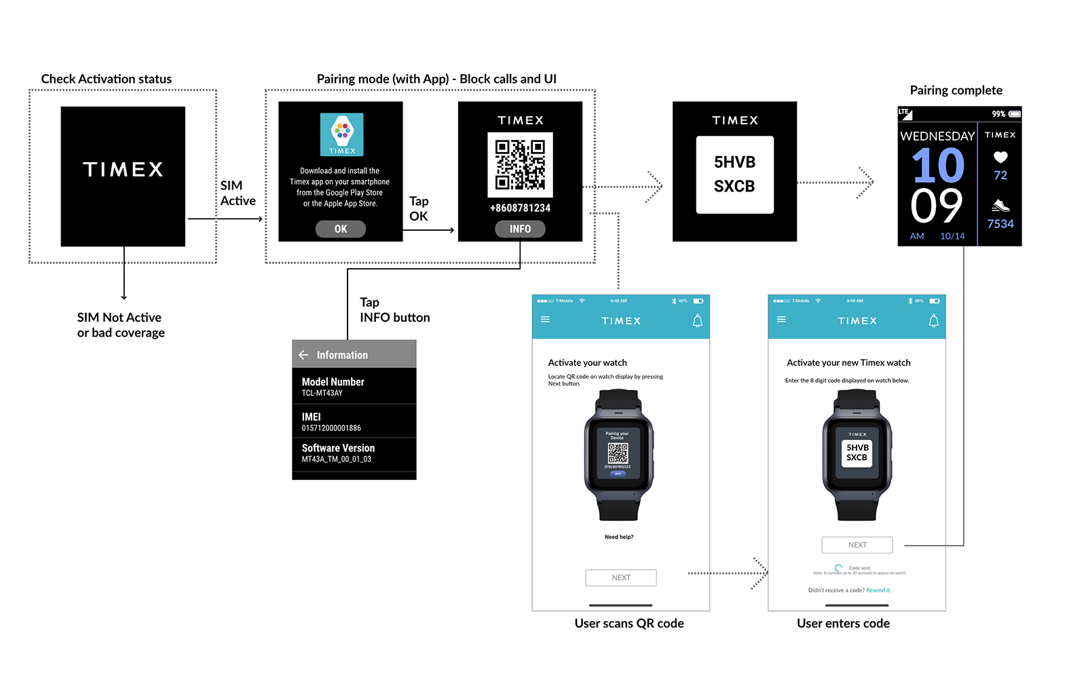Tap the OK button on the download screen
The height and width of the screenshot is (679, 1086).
coord(341,230)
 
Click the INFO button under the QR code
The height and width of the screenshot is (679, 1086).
coord(520,230)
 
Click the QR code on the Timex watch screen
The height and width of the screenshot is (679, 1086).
coord(520,164)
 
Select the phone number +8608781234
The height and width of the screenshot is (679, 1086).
coord(520,208)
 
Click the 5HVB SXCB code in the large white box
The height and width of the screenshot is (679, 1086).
coord(734,175)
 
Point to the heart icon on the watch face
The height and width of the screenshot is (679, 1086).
coord(1000,157)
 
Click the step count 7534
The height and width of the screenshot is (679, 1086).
coord(1000,224)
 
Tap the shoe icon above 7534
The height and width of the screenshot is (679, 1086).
coord(1000,205)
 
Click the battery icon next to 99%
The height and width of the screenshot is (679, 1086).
coord(1015,114)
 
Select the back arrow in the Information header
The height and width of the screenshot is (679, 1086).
coord(303,355)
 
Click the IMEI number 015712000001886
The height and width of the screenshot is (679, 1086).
coord(331,428)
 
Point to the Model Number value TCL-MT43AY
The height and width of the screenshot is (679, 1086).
coord(322,393)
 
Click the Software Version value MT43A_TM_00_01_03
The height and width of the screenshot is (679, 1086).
coord(337,460)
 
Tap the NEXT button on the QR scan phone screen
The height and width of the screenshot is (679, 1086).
coord(621,578)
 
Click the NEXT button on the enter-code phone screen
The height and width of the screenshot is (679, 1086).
coord(857,545)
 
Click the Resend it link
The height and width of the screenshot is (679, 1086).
coord(878,591)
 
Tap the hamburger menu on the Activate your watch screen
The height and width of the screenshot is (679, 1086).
coord(545,319)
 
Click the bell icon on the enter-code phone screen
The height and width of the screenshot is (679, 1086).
coord(934,321)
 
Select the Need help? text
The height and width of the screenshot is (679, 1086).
coord(619,537)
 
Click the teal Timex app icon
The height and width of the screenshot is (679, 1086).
coord(342,134)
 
